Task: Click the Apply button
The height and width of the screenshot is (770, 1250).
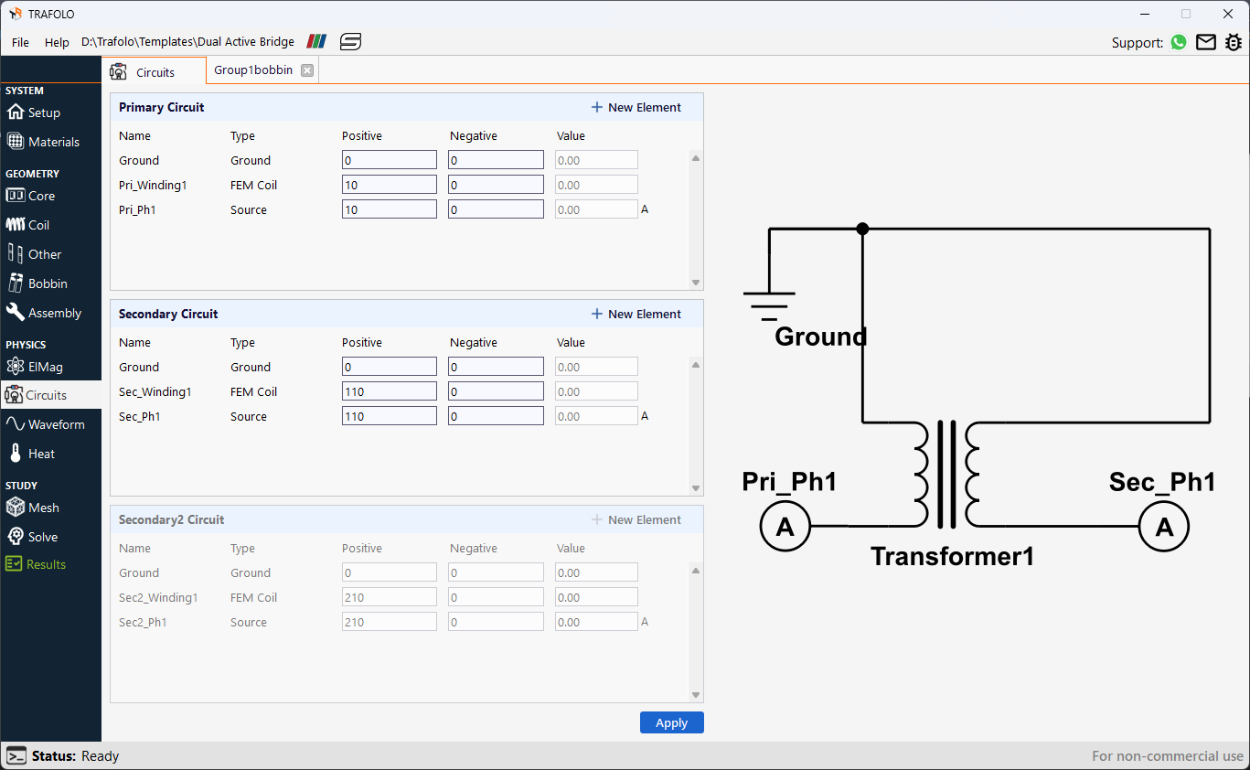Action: [x=671, y=722]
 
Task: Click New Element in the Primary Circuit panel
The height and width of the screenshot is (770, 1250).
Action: [x=636, y=107]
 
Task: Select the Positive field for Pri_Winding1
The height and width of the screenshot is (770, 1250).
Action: [x=390, y=185]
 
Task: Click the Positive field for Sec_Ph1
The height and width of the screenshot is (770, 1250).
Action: [x=390, y=416]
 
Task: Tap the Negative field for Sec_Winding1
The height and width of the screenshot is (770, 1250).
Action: [x=496, y=391]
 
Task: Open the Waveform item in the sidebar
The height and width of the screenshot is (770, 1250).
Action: [x=55, y=424]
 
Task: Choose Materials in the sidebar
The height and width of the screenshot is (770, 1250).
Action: [x=53, y=142]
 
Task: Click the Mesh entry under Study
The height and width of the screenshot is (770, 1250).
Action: [x=43, y=508]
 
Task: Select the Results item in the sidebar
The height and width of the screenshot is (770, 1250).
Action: [x=46, y=564]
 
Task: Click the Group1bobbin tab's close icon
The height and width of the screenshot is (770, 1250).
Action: [x=307, y=70]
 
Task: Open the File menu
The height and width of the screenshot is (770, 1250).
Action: [x=20, y=42]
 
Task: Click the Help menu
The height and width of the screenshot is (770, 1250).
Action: [x=57, y=42]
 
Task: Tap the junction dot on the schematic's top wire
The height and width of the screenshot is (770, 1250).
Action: [x=862, y=229]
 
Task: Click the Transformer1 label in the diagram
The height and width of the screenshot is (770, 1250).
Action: [x=952, y=556]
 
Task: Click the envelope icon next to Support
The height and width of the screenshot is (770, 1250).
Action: [x=1206, y=42]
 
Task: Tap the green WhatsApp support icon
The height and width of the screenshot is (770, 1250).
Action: [x=1179, y=42]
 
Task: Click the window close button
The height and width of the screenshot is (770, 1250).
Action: [x=1228, y=14]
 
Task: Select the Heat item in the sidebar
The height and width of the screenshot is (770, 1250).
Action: [x=41, y=454]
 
